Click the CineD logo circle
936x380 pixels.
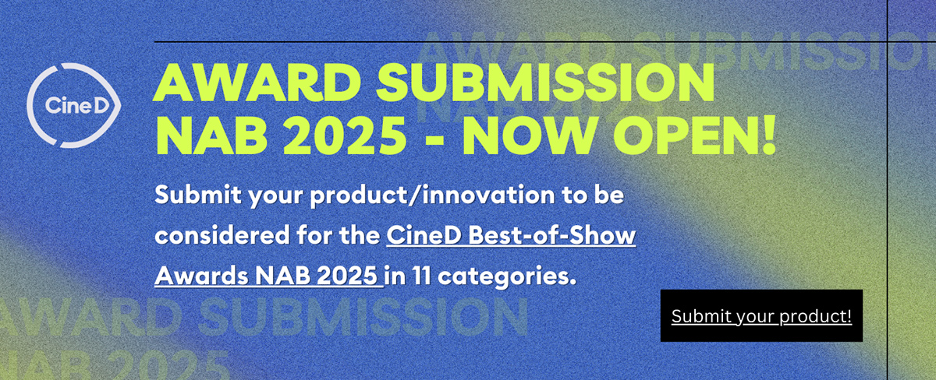[27, 106]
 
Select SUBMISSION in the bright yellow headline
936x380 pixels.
[545, 83]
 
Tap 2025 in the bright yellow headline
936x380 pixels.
[344, 135]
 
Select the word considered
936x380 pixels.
[222, 235]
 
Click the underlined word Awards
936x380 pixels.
[202, 276]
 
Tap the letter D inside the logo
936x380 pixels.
[101, 106]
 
